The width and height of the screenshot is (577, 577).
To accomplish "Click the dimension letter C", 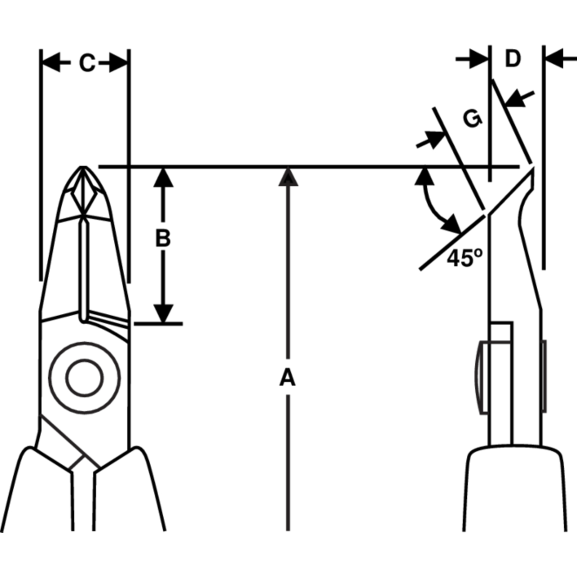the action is (88, 63).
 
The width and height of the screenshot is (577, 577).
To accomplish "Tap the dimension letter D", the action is (513, 59).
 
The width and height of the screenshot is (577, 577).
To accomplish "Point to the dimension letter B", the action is (163, 238).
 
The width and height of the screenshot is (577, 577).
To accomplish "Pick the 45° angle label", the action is (464, 258).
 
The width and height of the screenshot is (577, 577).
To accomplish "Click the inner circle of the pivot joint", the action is (85, 378).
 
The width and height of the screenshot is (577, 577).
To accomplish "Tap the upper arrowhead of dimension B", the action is (163, 177).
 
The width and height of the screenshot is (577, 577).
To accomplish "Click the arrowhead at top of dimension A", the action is (288, 177).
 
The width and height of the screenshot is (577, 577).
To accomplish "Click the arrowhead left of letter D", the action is (479, 59).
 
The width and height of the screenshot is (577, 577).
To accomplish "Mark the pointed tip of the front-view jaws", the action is (83, 167).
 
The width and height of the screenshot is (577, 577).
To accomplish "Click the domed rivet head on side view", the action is (480, 377).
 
